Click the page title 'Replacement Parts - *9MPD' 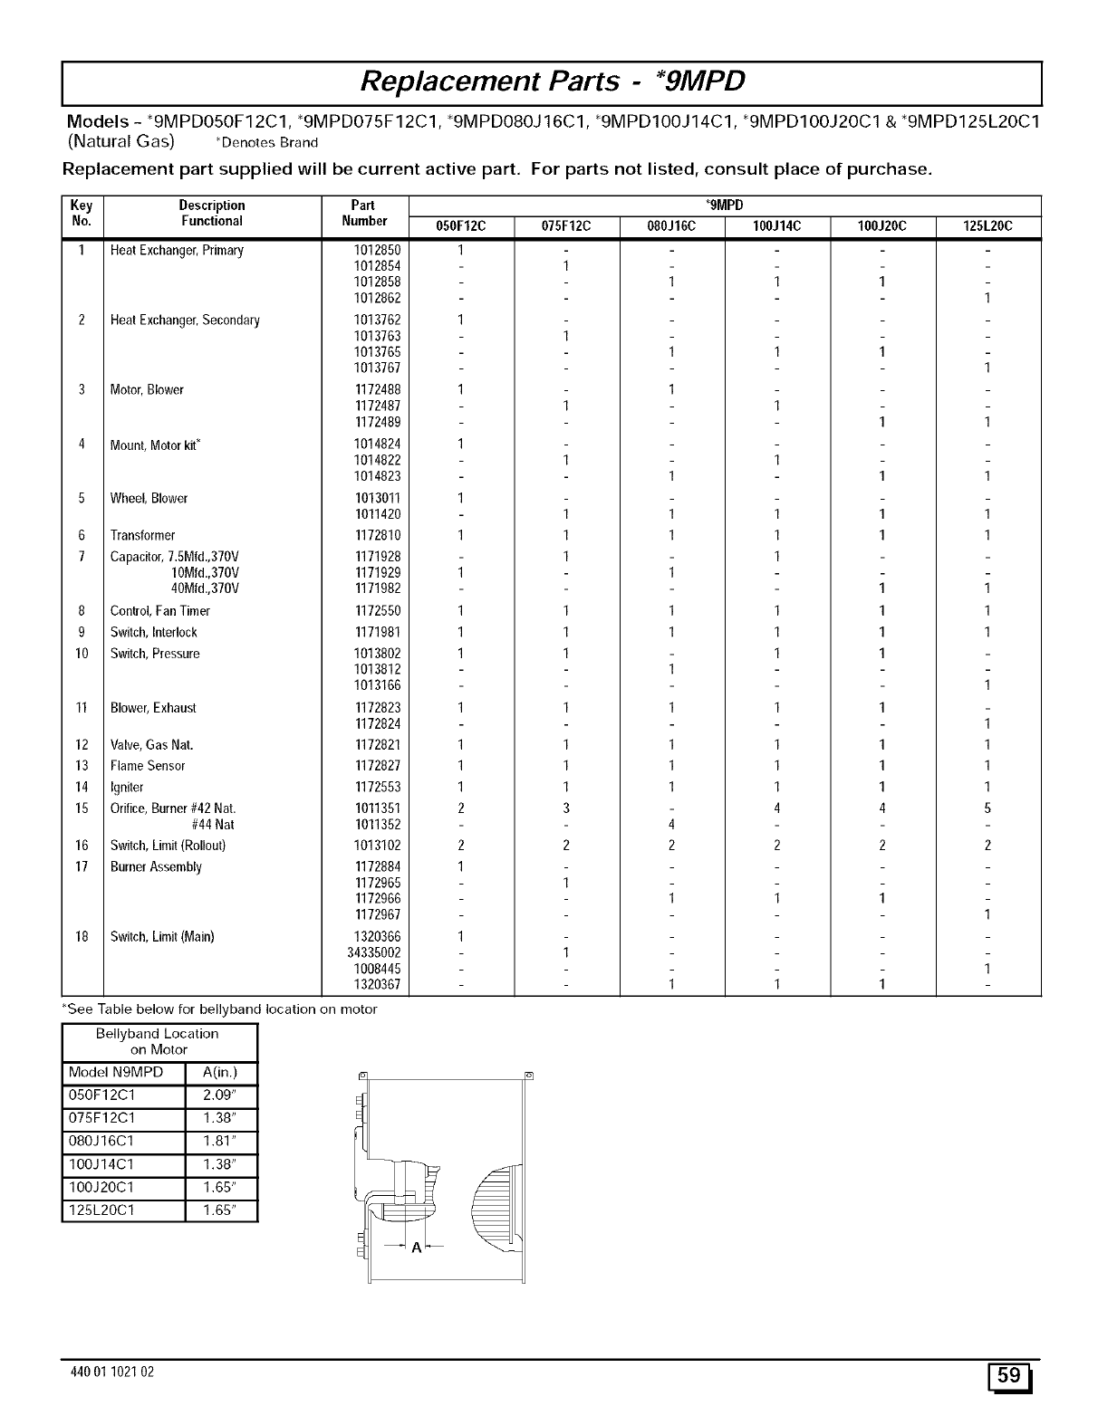pyautogui.click(x=552, y=82)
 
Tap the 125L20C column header pyautogui.click(x=987, y=226)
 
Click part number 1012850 pyautogui.click(x=377, y=250)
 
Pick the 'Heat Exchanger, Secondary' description pyautogui.click(x=185, y=320)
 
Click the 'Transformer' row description pyautogui.click(x=142, y=535)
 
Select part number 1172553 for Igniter pyautogui.click(x=377, y=787)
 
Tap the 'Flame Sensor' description pyautogui.click(x=147, y=766)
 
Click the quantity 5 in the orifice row pyautogui.click(x=987, y=808)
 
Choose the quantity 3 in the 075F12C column pyautogui.click(x=565, y=808)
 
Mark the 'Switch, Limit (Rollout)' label pyautogui.click(x=168, y=846)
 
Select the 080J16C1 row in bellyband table pyautogui.click(x=101, y=1141)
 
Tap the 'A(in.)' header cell pyautogui.click(x=220, y=1074)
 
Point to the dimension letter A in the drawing pyautogui.click(x=417, y=1248)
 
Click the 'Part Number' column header pyautogui.click(x=364, y=213)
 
